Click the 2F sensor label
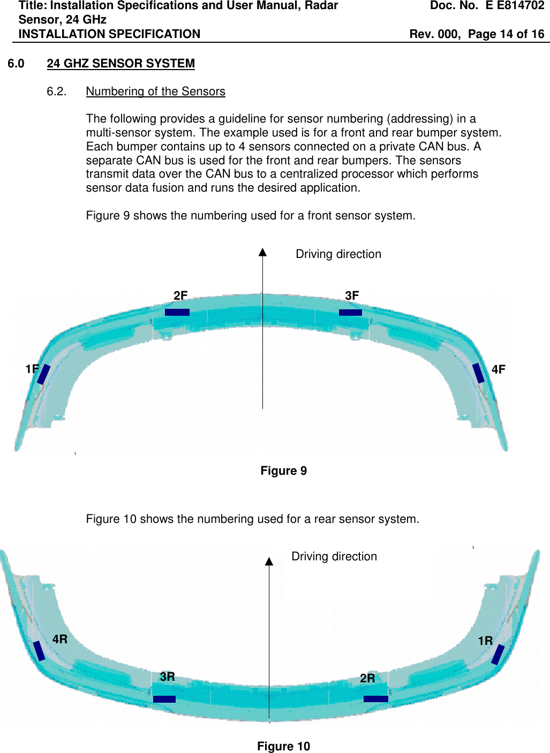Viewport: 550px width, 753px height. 180,296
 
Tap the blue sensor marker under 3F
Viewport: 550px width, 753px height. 350,312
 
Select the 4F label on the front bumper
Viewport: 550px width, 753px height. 498,369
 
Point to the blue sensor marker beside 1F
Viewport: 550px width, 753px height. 43,374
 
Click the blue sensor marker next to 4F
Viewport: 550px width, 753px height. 478,373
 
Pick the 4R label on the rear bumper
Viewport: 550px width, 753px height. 60,639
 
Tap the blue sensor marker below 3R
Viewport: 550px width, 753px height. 164,699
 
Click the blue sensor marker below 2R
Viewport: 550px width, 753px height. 375,698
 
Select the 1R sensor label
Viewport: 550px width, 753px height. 485,641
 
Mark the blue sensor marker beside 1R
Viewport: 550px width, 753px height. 498,655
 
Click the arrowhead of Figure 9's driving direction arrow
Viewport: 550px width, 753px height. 262,252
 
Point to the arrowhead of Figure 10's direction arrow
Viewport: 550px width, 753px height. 269,561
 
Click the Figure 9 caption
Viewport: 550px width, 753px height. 283,471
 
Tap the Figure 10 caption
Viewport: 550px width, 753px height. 283,747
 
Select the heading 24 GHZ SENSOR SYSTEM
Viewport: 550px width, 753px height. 120,63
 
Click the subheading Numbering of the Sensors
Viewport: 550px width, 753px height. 155,92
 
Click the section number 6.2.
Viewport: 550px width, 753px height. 56,92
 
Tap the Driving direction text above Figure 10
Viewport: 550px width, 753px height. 334,557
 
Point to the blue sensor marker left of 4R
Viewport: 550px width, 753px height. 39,650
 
